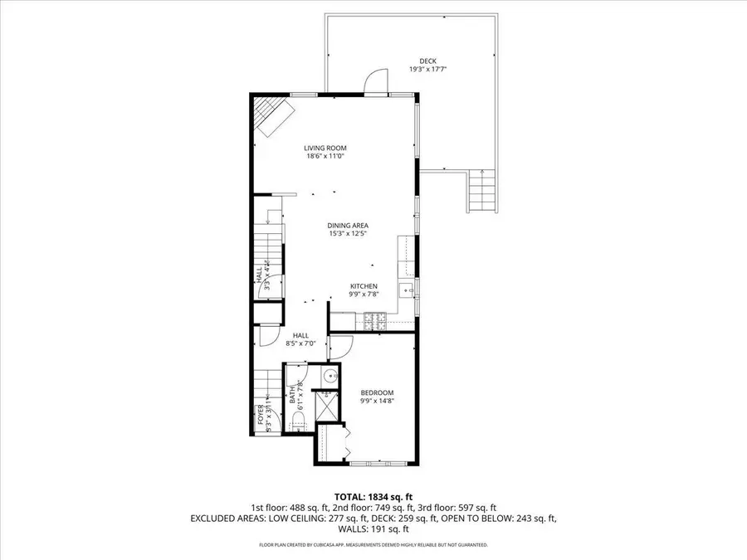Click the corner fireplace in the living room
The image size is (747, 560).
pos(271,115)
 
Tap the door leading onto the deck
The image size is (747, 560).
pos(376,81)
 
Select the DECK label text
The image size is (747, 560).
pos(427,61)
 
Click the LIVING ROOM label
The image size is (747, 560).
pos(325,148)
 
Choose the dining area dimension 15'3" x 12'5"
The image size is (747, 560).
pos(348,234)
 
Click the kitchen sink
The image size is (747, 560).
pos(406,290)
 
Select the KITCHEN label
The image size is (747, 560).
pos(363,286)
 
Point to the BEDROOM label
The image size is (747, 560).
pos(377,393)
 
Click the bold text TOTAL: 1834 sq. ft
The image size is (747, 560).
pos(373,496)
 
